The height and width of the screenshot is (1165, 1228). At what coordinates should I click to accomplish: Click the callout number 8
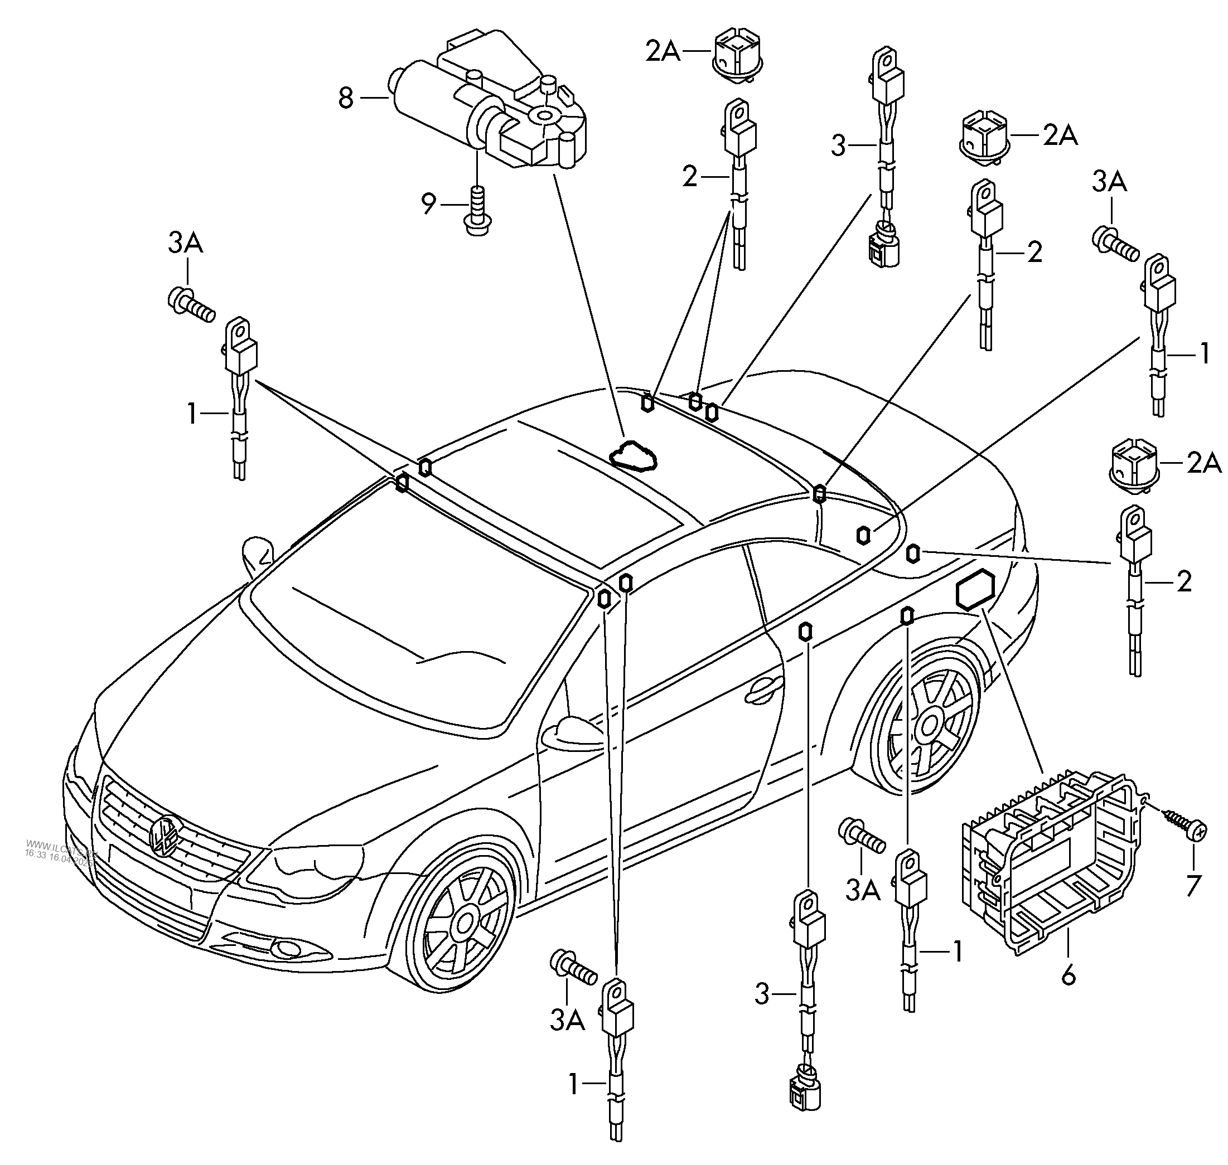pyautogui.click(x=346, y=98)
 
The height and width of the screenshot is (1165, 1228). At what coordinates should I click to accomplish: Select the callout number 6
pyautogui.click(x=1068, y=975)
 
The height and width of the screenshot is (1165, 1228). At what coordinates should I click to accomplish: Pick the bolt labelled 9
pyautogui.click(x=476, y=210)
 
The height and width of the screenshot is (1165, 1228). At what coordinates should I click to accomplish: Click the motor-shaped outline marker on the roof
pyautogui.click(x=632, y=457)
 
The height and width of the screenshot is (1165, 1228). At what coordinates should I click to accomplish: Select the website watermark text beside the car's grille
pyautogui.click(x=59, y=850)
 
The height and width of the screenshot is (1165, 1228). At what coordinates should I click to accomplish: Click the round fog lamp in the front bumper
pyautogui.click(x=288, y=948)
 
